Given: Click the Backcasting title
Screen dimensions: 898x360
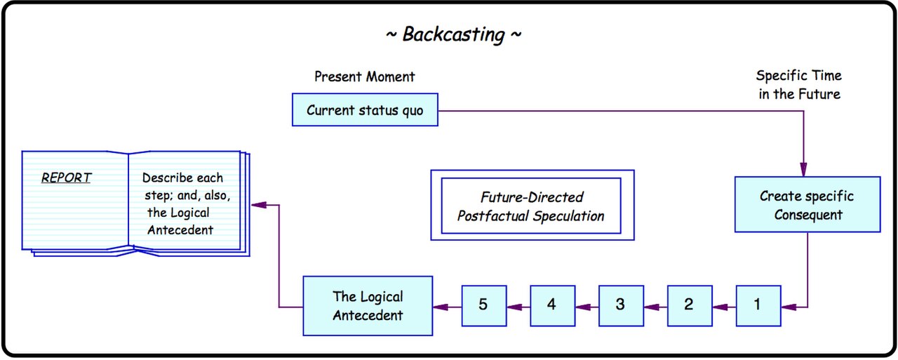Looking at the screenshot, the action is (x=453, y=34).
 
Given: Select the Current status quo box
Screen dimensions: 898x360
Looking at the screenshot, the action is (x=365, y=110).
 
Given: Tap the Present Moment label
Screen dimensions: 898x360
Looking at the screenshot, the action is (x=364, y=76).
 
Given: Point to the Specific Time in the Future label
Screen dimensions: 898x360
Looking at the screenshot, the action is (x=799, y=85).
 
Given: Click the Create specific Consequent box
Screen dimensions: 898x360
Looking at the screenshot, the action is (x=807, y=204).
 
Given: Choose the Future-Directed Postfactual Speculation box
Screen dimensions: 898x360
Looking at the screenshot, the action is (x=532, y=205).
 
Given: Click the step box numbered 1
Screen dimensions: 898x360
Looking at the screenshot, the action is (x=758, y=305).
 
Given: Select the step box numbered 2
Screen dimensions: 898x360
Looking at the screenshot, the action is (x=690, y=305).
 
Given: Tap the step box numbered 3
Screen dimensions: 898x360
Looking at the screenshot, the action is (x=622, y=305).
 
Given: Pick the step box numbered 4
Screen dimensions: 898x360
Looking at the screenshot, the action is (x=553, y=305).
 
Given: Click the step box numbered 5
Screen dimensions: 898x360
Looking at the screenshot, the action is (x=484, y=305).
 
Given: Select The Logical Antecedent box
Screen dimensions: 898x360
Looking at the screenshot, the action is (x=368, y=305).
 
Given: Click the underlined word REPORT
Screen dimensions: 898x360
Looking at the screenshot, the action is (x=66, y=178).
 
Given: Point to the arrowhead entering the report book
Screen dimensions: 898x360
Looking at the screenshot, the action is (x=259, y=205).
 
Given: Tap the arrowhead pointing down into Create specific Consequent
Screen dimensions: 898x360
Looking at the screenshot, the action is (x=803, y=169).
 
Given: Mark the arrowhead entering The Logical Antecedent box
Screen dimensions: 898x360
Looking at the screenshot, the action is (x=441, y=307).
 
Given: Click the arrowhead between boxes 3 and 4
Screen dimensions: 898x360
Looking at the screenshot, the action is (x=583, y=307).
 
